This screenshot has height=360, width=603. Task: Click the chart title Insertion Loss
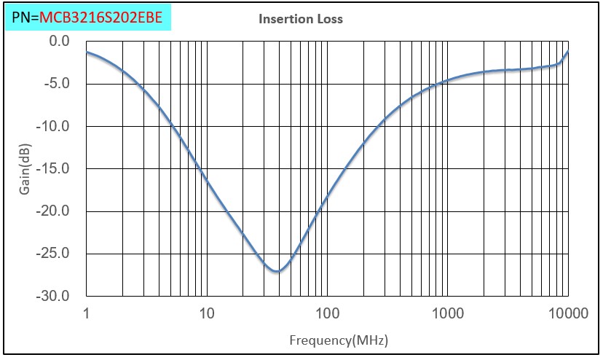point(301,19)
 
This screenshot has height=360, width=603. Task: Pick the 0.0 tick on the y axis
point(59,42)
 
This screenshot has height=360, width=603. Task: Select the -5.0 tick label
point(57,84)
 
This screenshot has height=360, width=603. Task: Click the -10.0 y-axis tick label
point(55,126)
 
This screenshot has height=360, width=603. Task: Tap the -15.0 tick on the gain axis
point(55,169)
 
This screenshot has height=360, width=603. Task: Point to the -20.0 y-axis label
point(55,211)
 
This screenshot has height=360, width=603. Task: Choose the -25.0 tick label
point(55,254)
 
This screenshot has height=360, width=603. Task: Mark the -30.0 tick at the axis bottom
point(55,297)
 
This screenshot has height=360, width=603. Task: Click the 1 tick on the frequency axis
point(87,313)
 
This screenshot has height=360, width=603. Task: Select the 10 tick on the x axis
point(207,313)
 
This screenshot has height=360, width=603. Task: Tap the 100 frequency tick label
point(327,313)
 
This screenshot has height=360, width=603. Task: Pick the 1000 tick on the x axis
point(447,313)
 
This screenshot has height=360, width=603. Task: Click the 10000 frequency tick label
point(567,313)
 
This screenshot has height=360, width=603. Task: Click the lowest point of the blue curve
point(277,272)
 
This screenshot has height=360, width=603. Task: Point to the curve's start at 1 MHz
point(87,52)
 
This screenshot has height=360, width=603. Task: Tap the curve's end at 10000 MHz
point(567,52)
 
